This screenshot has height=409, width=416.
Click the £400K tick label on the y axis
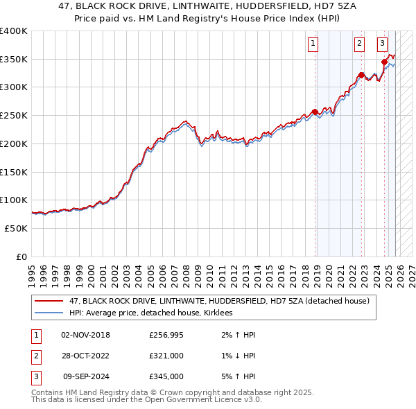pyautogui.click(x=13, y=31)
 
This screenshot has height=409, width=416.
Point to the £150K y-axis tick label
pyautogui.click(x=13, y=171)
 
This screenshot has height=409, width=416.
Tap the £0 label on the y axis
pyautogui.click(x=21, y=256)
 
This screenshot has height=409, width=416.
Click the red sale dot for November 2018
pyautogui.click(x=315, y=112)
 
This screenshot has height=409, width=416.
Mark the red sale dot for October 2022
pyautogui.click(x=361, y=75)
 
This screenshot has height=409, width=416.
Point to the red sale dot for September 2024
pyautogui.click(x=384, y=62)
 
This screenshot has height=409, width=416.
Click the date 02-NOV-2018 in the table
pyautogui.click(x=86, y=335)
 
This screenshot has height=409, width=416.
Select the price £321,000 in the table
pyautogui.click(x=166, y=356)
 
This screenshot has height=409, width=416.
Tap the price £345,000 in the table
pyautogui.click(x=166, y=376)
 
